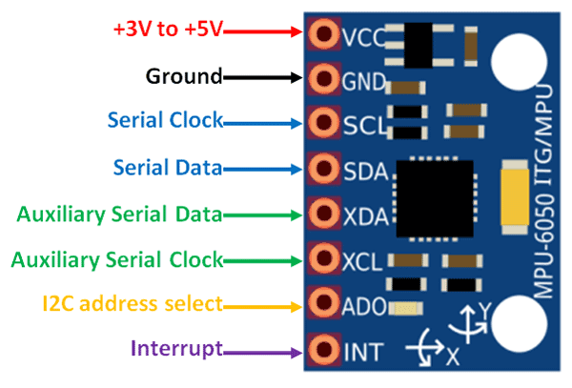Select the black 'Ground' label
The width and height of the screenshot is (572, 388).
click(x=183, y=75)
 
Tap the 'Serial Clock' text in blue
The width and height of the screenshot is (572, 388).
click(x=165, y=121)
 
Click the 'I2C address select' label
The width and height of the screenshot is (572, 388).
click(x=132, y=304)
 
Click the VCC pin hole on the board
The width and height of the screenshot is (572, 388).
click(x=324, y=35)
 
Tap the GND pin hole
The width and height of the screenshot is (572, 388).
click(x=324, y=78)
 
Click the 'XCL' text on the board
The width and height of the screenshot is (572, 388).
click(x=362, y=259)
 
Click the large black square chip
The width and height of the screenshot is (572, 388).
click(x=434, y=197)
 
